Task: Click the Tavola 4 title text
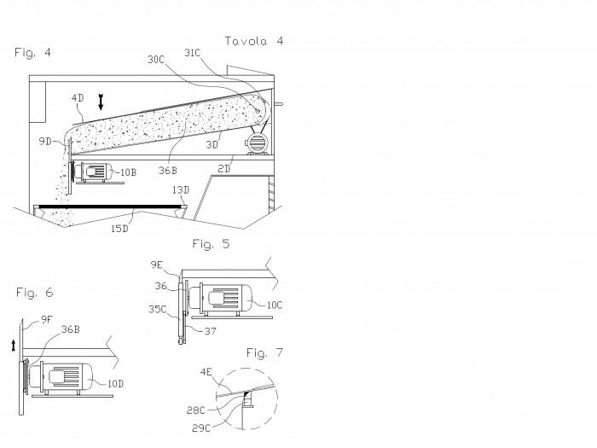(254, 41)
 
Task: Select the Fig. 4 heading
(32, 52)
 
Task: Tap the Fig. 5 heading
(211, 244)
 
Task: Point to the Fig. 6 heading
(34, 293)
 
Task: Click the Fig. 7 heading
(264, 352)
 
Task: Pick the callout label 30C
(156, 60)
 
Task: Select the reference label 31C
(192, 53)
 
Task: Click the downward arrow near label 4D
(101, 102)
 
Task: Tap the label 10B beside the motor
(128, 172)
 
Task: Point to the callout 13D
(181, 189)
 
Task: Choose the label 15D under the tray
(119, 229)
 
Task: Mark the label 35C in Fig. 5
(158, 309)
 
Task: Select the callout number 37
(210, 331)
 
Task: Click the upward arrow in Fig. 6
(14, 346)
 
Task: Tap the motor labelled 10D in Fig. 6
(61, 377)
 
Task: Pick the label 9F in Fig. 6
(46, 320)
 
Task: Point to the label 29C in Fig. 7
(201, 428)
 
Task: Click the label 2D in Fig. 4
(224, 168)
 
